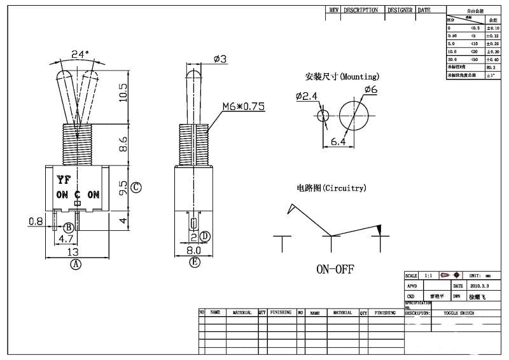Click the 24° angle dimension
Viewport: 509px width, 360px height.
pyautogui.click(x=80, y=55)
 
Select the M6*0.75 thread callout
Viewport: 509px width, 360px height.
pyautogui.click(x=244, y=106)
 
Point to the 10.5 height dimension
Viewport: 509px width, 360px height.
pyautogui.click(x=123, y=92)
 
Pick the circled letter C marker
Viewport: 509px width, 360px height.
pyautogui.click(x=136, y=188)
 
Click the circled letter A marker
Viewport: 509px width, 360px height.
pyautogui.click(x=76, y=264)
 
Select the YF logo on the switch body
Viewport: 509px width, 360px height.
pyautogui.click(x=64, y=179)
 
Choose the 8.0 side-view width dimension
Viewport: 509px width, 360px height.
pyautogui.click(x=195, y=251)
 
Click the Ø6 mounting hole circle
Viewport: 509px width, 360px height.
pyautogui.click(x=354, y=115)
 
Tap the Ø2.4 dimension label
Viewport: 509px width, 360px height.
pyautogui.click(x=306, y=96)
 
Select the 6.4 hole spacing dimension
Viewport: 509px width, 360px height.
pyautogui.click(x=338, y=142)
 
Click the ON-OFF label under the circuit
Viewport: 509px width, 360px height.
pyautogui.click(x=335, y=269)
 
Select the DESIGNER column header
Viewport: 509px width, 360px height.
pyautogui.click(x=400, y=11)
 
